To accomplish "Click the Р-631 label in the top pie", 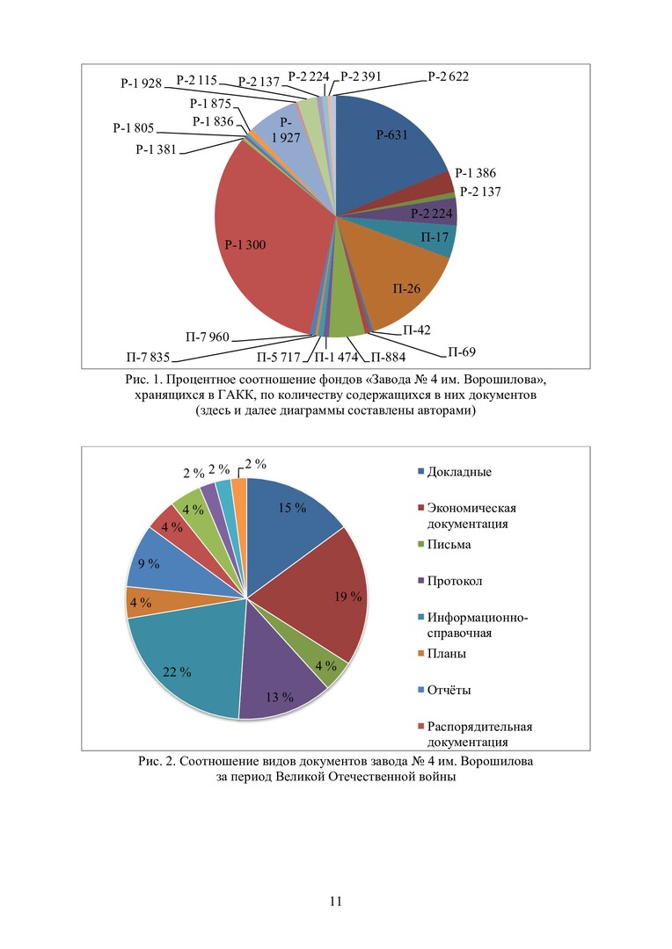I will (x=393, y=134).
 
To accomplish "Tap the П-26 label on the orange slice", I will (x=405, y=287).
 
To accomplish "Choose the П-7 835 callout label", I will (x=147, y=357).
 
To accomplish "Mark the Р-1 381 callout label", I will (x=156, y=149).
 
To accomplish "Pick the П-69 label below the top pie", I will (x=462, y=352).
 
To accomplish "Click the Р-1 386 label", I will (x=477, y=173).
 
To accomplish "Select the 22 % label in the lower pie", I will (x=177, y=672).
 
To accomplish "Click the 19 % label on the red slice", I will (x=348, y=597).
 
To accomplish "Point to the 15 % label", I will (x=293, y=508).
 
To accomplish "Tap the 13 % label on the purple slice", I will (x=280, y=698).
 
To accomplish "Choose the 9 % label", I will (x=150, y=564).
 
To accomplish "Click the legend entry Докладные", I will (x=458, y=473).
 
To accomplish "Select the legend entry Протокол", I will (x=454, y=581).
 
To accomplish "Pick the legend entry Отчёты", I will (x=449, y=690).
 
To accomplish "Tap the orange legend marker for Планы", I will (x=420, y=654).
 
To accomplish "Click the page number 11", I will (x=335, y=901).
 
